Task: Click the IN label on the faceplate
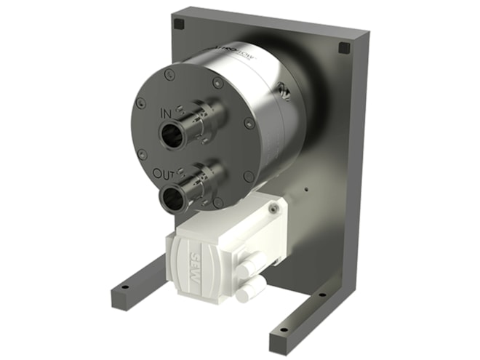(167, 115)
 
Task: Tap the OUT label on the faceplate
(164, 174)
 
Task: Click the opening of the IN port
(174, 135)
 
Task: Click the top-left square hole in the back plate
(179, 24)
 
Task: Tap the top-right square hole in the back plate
(344, 48)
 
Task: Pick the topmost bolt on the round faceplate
(169, 73)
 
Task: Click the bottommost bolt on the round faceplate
(217, 203)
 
